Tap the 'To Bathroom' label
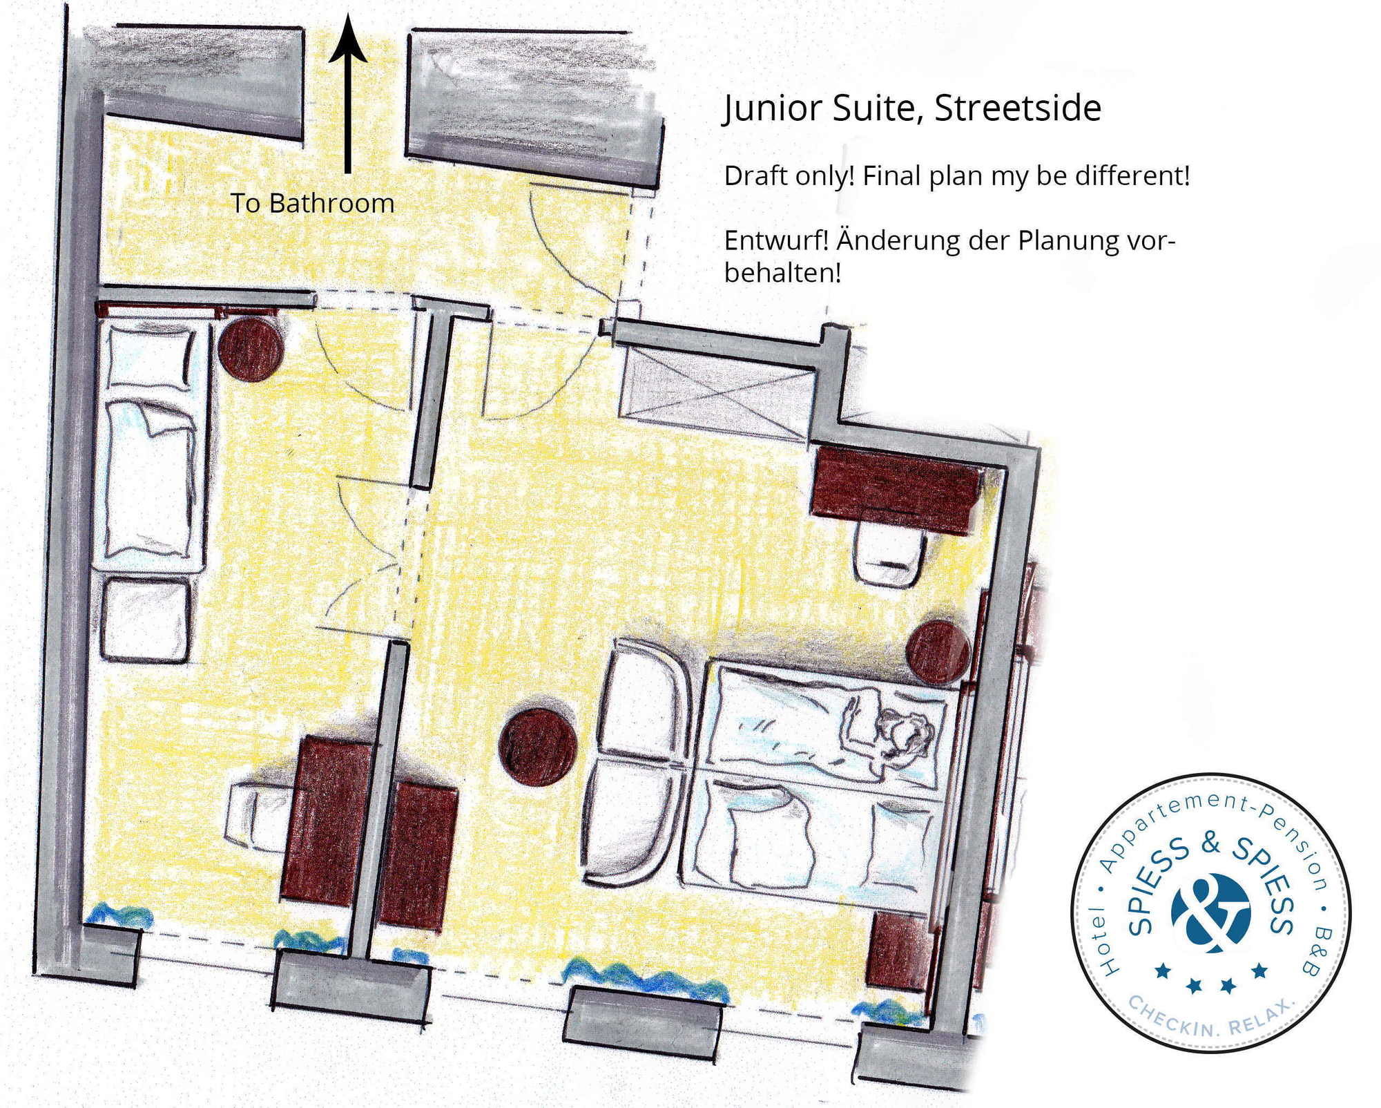(312, 203)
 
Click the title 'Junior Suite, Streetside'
(911, 108)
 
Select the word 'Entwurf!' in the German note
(776, 241)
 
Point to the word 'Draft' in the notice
(755, 176)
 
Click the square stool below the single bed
(146, 620)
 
